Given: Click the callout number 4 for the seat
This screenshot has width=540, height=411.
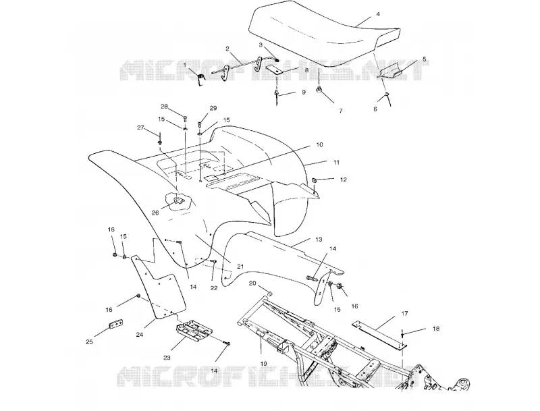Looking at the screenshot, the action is coord(378,15).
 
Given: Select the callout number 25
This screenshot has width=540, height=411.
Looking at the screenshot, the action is coord(89,341).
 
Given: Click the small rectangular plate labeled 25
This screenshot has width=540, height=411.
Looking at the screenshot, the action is coord(116,324).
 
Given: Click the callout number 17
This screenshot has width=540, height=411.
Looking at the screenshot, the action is coord(404,314).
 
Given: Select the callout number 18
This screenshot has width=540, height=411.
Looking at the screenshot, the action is coord(435,329).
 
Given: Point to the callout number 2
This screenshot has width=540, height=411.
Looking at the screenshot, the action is coord(227,49).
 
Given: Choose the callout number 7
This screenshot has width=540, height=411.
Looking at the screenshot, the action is coord(341,111).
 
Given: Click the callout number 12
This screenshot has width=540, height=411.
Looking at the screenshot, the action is coord(343,180).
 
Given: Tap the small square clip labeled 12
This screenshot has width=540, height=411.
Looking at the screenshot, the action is coord(315,180).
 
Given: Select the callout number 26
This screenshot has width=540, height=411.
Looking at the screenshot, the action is coord(155,213).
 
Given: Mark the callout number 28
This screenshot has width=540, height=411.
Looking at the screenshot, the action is coord(164,107).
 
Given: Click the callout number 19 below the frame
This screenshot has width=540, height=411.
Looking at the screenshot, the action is coord(263,364).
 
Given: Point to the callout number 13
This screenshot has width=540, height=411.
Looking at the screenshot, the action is coord(319,239).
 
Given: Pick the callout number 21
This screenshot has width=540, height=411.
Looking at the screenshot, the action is coord(240,267).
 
